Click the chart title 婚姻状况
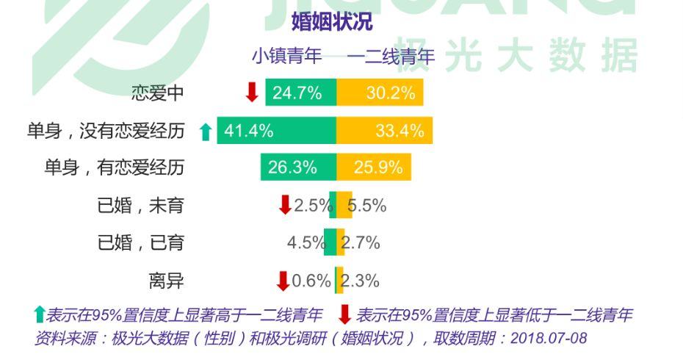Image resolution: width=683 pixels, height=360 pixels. [x=332, y=22]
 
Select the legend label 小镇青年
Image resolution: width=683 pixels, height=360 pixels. [x=287, y=56]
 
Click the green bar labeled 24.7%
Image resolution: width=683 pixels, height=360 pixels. [x=300, y=93]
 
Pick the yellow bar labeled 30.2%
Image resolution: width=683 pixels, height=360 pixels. [x=380, y=93]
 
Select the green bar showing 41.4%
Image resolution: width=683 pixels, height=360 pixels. [x=276, y=131]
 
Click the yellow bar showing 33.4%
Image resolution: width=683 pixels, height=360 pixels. [x=384, y=131]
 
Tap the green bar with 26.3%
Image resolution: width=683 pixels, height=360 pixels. [x=298, y=168]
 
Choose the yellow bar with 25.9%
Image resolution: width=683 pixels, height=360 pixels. [x=373, y=168]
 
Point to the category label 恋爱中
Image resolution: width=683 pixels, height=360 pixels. [x=158, y=93]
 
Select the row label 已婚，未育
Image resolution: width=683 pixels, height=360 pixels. [x=141, y=206]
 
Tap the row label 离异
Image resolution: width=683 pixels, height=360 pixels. [x=167, y=281]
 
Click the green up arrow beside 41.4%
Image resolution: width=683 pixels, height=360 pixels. [x=206, y=132]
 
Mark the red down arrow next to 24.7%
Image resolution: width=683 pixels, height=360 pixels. [x=252, y=93]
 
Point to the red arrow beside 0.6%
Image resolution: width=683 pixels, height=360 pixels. [x=283, y=281]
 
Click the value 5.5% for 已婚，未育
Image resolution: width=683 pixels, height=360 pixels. [x=367, y=206]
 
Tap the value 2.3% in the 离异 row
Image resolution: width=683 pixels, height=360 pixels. [x=361, y=281]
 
